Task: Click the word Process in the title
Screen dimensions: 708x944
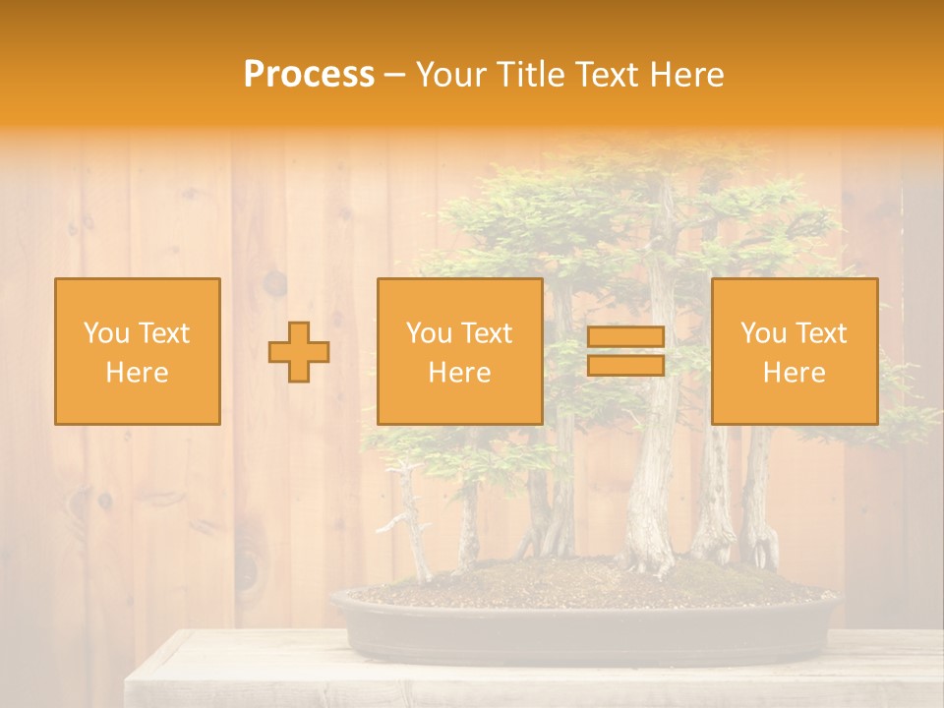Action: coord(309,75)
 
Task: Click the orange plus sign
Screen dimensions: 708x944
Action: coord(299,352)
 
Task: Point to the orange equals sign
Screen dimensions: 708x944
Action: coord(625,351)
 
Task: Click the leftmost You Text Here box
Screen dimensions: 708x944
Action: coord(137,351)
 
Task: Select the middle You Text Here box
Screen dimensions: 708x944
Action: coord(459,351)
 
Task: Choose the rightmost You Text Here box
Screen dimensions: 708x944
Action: coord(794,351)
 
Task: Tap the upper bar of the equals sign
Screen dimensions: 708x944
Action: coord(625,337)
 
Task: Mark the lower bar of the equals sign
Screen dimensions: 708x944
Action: coord(625,365)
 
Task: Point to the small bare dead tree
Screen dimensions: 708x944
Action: coord(413,521)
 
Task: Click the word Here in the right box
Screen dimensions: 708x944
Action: coord(794,373)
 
